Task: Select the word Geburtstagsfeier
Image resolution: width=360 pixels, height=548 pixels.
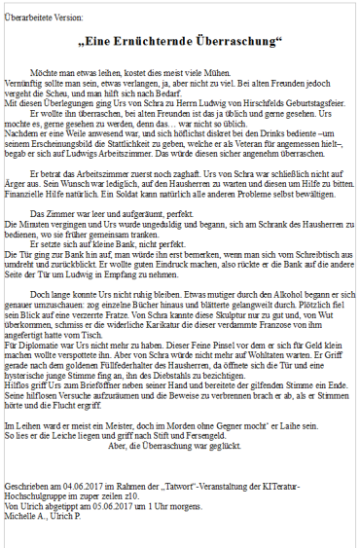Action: (x=310, y=101)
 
